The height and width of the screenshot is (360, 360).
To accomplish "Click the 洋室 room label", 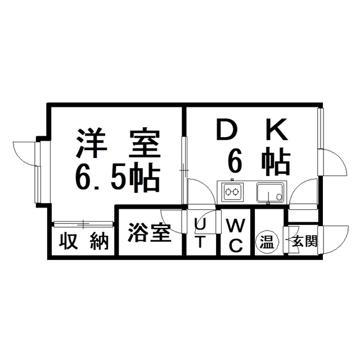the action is (x=118, y=143).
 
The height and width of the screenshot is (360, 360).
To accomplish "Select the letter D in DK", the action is (x=227, y=129).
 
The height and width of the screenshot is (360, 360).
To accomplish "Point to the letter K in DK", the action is (x=277, y=129).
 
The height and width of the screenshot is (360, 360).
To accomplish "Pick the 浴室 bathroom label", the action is (x=150, y=232).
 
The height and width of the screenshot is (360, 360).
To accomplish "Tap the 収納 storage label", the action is (x=84, y=241).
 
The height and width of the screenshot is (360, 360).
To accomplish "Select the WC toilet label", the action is (x=236, y=235).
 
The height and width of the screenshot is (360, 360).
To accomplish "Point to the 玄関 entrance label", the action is (x=304, y=241).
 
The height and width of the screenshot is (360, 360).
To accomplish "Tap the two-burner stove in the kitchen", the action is (x=232, y=192).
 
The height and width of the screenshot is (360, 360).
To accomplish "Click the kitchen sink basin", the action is (x=271, y=192).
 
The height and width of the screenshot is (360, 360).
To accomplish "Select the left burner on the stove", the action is (x=228, y=191).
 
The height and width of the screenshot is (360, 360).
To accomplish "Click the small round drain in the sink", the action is (x=280, y=197).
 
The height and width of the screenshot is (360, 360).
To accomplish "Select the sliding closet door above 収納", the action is (x=83, y=224).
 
